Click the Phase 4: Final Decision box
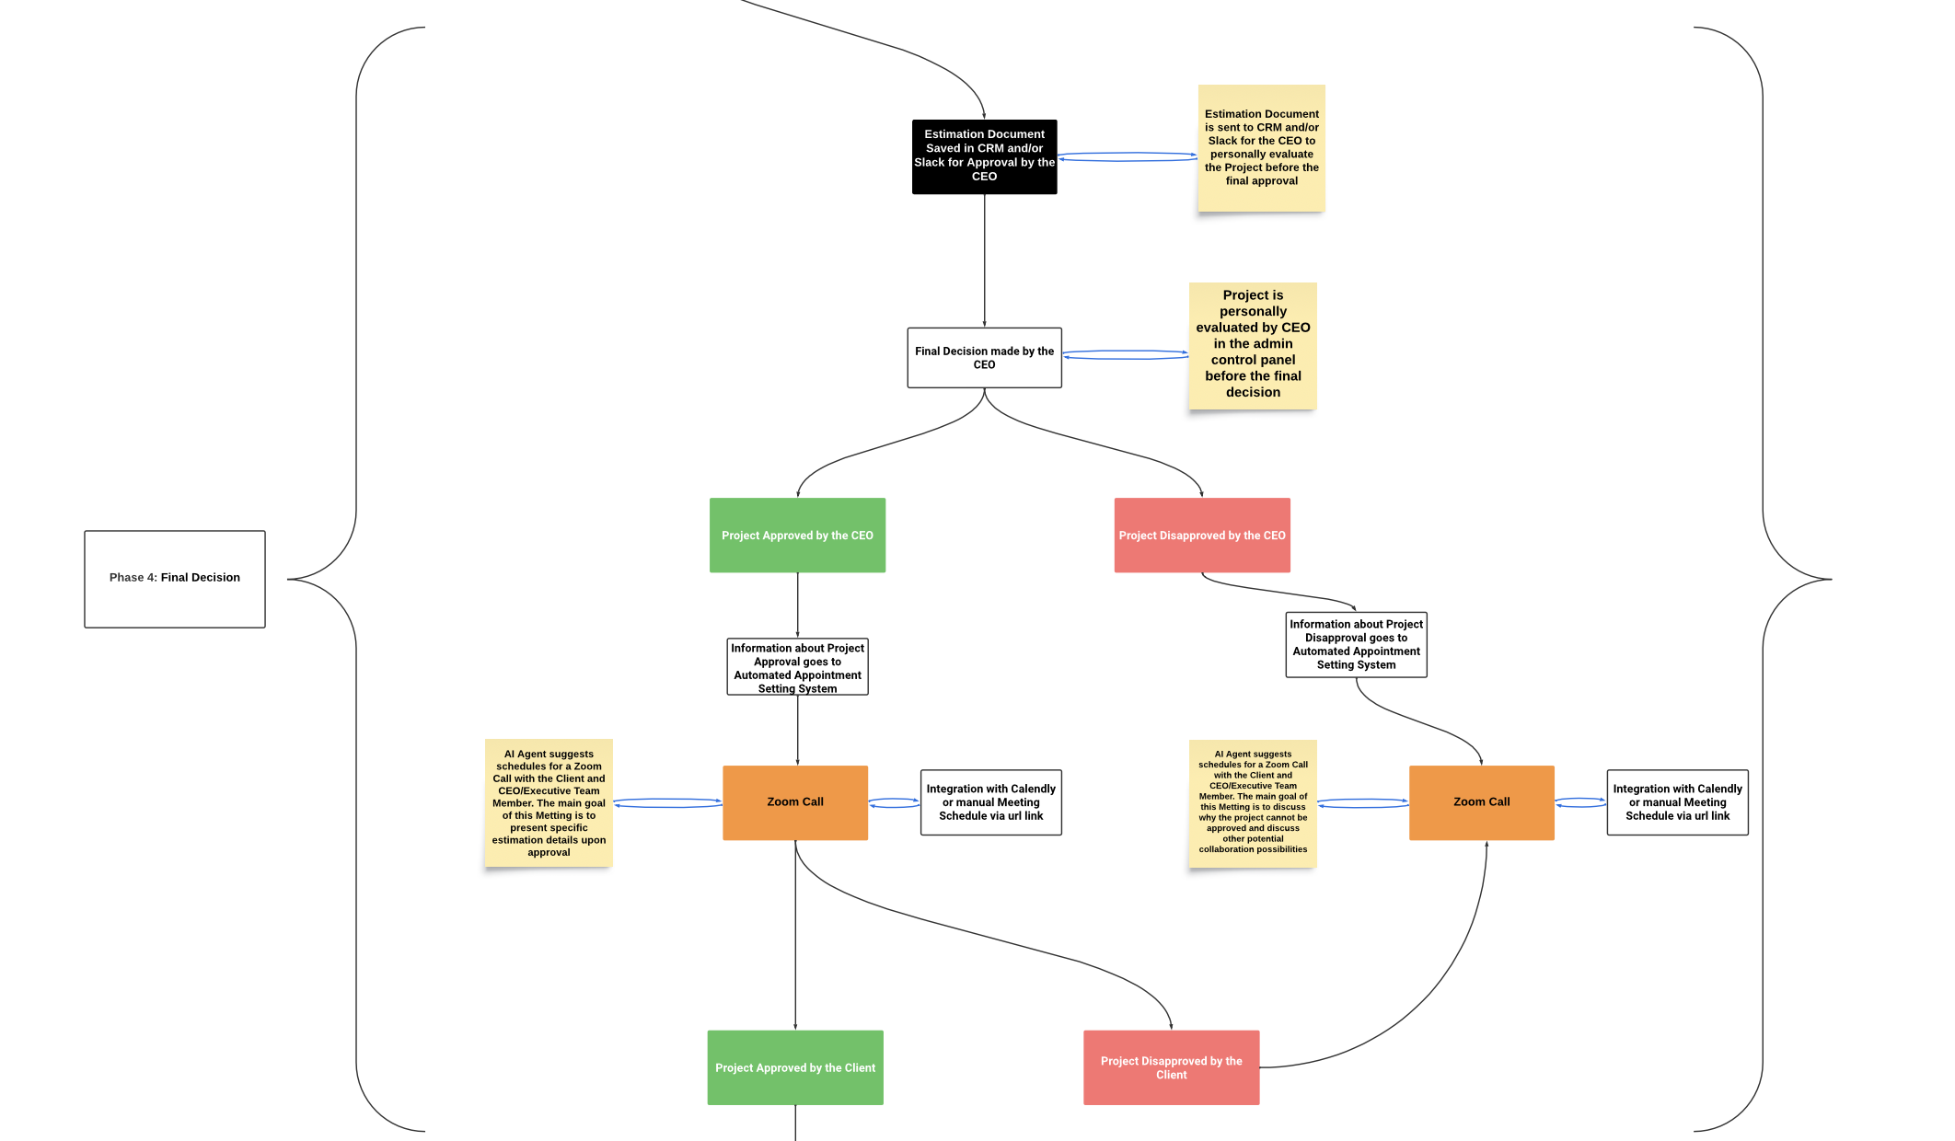click(x=175, y=579)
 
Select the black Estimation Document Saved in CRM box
click(x=984, y=156)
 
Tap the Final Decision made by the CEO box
click(x=984, y=358)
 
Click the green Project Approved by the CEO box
click(x=797, y=536)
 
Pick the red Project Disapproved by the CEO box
click(x=1202, y=536)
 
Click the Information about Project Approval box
click(x=797, y=667)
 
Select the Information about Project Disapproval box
click(x=1356, y=644)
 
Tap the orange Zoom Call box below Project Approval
click(x=795, y=802)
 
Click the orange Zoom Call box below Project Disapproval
click(x=1481, y=802)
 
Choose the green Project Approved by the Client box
click(x=795, y=1067)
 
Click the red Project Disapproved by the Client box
click(x=1171, y=1067)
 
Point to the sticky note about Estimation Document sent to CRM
click(x=1261, y=148)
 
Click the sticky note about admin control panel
click(x=1253, y=346)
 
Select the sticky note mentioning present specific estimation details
click(x=549, y=802)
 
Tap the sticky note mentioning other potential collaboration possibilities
click(x=1253, y=802)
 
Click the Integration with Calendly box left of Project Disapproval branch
click(x=990, y=802)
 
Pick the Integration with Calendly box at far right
click(x=1677, y=802)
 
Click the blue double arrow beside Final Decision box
click(x=1125, y=354)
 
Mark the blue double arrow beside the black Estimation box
click(x=1127, y=157)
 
